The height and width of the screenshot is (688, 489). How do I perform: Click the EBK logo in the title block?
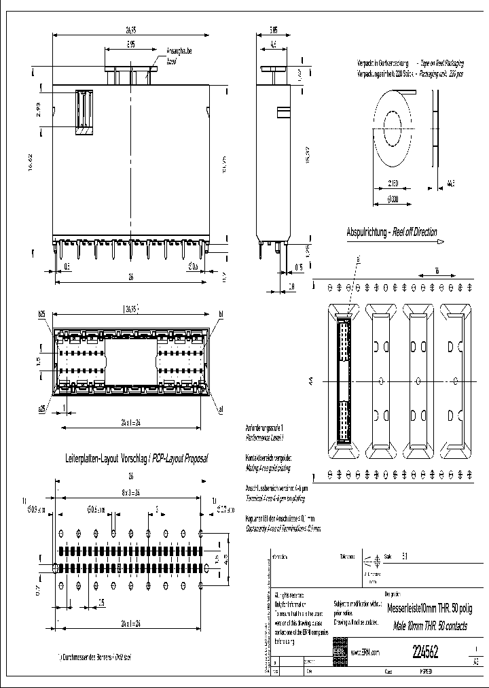click(339, 651)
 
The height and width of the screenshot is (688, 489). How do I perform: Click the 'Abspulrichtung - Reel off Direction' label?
click(392, 232)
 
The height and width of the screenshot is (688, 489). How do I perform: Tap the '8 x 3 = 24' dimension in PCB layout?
click(129, 493)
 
